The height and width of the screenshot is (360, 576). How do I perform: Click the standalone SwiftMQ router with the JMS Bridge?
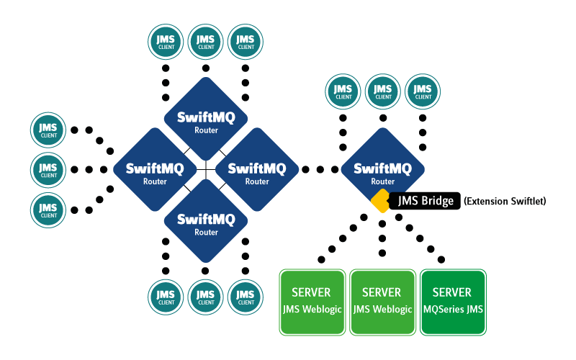(x=382, y=171)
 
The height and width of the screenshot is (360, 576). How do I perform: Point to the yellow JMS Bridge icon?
(x=381, y=202)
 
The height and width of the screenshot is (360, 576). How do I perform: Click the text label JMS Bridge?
(x=426, y=202)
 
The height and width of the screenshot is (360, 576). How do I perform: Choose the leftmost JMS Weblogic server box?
(x=311, y=302)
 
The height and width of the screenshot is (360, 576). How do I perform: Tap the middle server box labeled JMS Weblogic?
(x=382, y=302)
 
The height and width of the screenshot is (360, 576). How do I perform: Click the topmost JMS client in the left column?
(x=48, y=130)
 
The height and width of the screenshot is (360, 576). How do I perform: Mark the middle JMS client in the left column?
(x=48, y=171)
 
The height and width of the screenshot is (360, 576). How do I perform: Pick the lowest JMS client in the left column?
(x=48, y=211)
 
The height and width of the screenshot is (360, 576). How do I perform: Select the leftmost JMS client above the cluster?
(x=166, y=42)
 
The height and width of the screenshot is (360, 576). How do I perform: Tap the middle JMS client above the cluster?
(x=206, y=42)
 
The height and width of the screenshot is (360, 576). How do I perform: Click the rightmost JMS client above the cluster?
(x=246, y=42)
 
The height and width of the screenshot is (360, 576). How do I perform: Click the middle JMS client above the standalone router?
(x=383, y=92)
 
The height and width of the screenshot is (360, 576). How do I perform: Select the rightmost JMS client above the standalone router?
(x=423, y=92)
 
